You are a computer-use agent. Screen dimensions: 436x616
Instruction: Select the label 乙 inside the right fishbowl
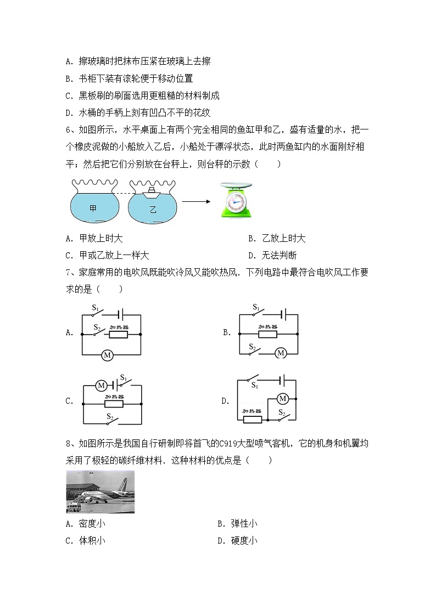[x=153, y=210]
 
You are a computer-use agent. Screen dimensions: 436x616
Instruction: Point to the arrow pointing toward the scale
[x=197, y=201]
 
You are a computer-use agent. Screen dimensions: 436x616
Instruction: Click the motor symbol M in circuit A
[x=108, y=355]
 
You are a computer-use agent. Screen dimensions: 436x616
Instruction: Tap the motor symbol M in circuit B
[x=281, y=353]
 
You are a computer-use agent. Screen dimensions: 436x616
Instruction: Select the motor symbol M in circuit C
[x=101, y=386]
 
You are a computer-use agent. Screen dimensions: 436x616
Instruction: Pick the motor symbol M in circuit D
[x=283, y=398]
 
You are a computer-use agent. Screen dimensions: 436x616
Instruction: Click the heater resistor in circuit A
[x=118, y=334]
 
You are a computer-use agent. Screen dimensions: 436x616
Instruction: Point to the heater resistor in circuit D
[x=252, y=420]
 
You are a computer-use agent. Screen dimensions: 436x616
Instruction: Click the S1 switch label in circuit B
[x=256, y=308]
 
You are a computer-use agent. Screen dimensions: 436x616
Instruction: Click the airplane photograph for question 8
[x=100, y=491]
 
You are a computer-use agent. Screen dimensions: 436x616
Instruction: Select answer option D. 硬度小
[x=237, y=540]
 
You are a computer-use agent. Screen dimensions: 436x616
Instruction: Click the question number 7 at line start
[x=68, y=272]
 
